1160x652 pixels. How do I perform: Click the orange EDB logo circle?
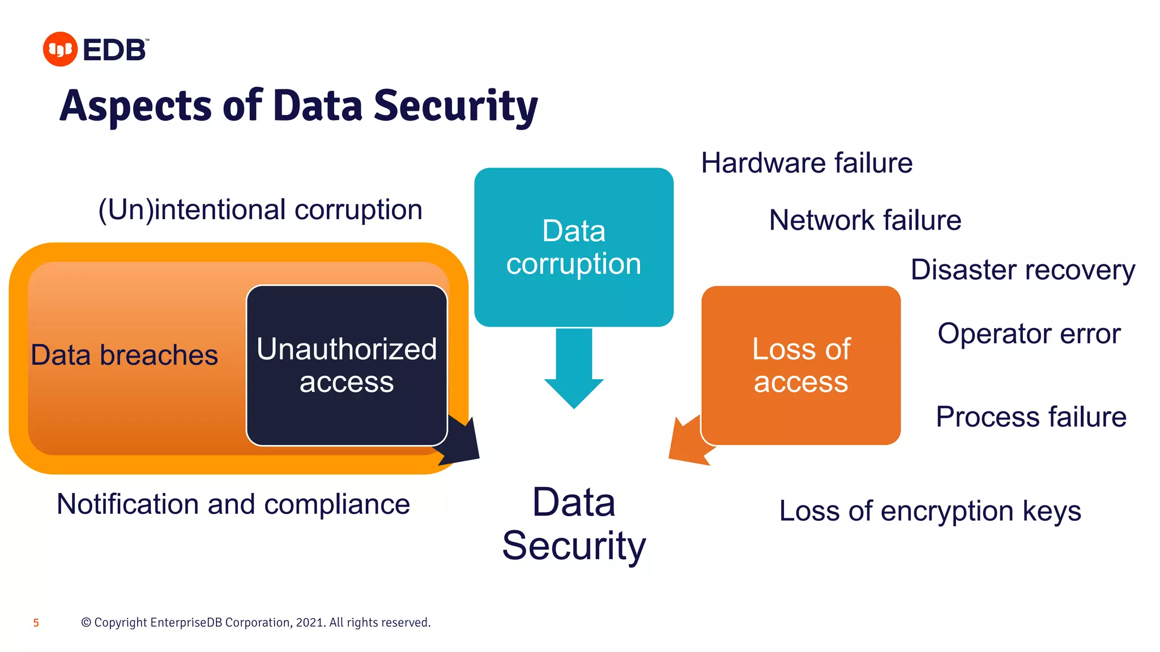point(60,49)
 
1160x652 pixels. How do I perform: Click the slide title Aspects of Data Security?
point(298,106)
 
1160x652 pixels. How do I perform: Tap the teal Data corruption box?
point(574,247)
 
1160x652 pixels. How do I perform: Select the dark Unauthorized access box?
point(347,365)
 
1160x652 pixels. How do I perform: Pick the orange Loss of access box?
point(801,365)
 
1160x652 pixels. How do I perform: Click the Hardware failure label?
point(807,163)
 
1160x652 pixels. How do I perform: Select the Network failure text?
point(865,220)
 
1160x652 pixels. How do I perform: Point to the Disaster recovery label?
point(1022,270)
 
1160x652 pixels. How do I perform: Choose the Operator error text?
point(1029,333)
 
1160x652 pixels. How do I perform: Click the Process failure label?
point(1031,417)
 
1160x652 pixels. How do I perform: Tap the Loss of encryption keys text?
point(930,511)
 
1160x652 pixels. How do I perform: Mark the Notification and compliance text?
point(233,504)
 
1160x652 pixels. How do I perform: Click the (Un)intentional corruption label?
point(260,209)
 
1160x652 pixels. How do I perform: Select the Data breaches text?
point(124,355)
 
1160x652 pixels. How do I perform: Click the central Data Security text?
point(574,524)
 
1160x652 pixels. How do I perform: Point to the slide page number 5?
point(36,623)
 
